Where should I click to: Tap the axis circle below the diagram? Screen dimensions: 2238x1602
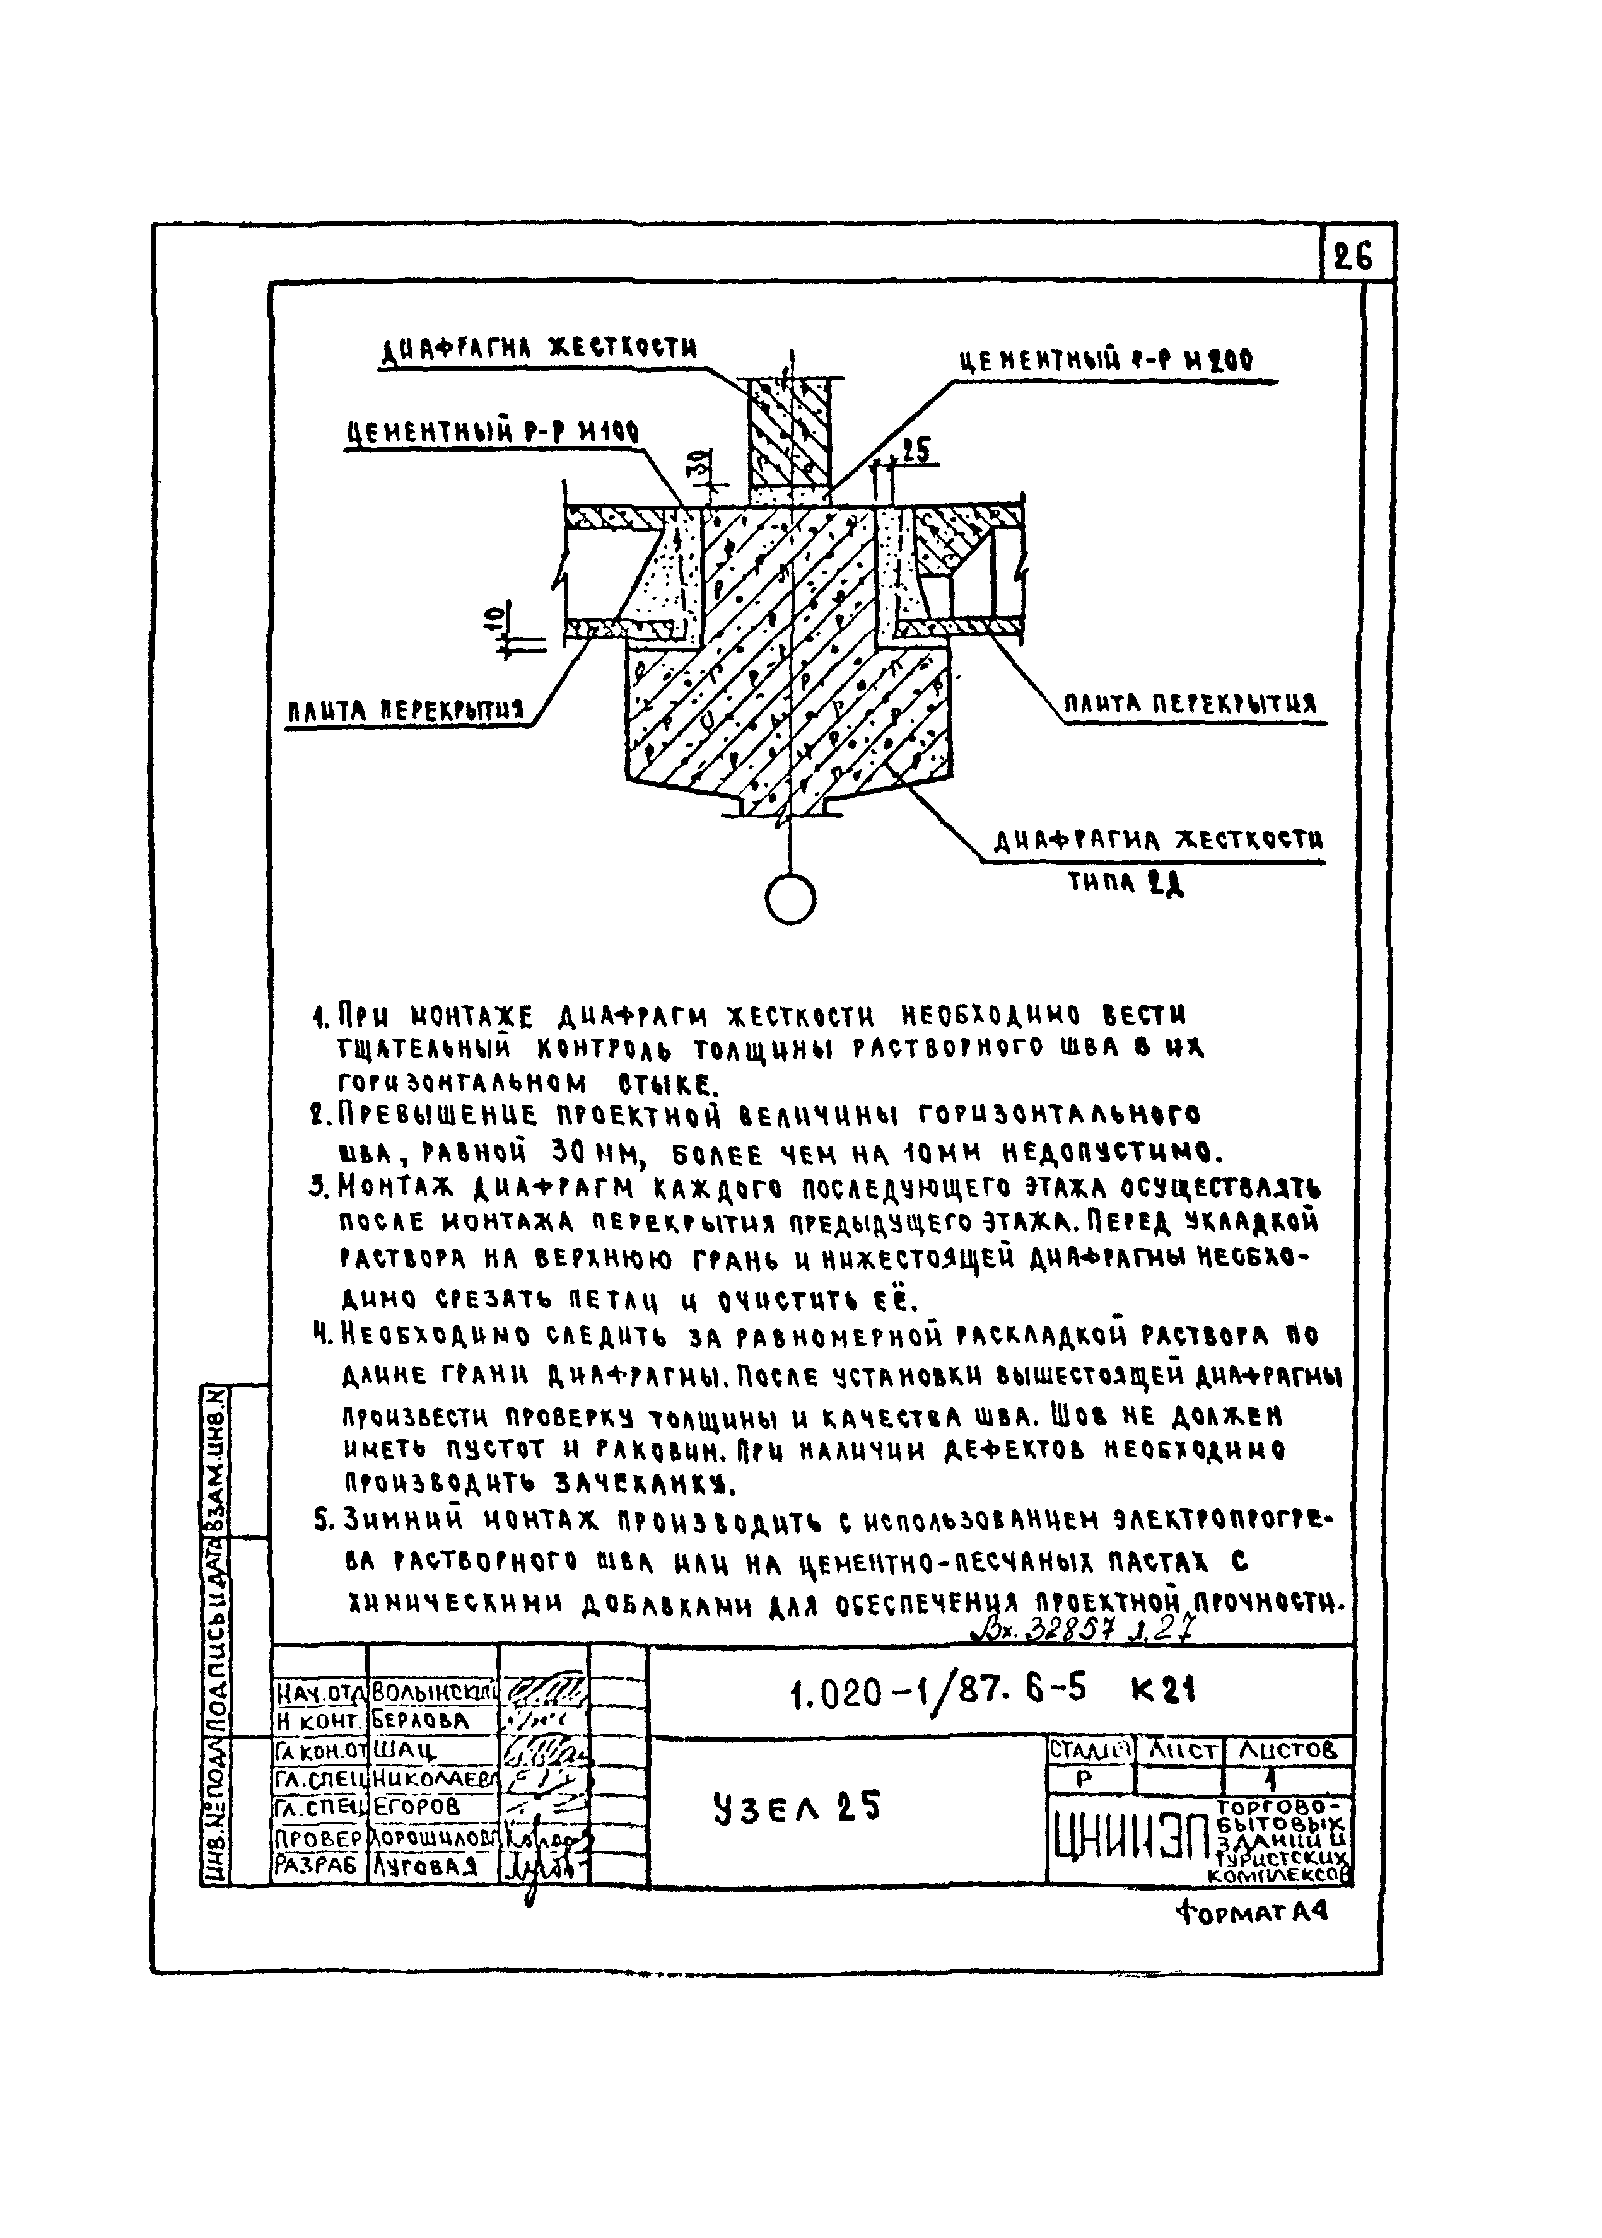790,899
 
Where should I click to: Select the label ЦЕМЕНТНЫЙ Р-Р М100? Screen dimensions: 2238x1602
492,432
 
